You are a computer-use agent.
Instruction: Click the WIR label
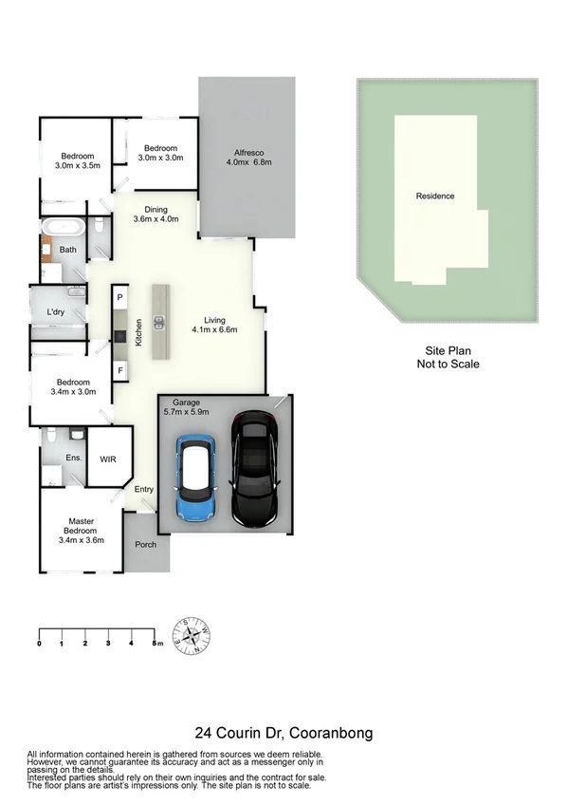(109, 458)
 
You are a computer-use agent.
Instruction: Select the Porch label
(146, 545)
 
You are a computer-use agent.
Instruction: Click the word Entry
(143, 490)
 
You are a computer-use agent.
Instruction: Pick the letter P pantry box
(120, 298)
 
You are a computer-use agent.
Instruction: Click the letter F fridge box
(120, 369)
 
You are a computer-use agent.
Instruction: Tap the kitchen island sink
(158, 320)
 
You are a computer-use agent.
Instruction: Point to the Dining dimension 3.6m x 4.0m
(156, 220)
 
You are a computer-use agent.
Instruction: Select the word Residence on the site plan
(435, 197)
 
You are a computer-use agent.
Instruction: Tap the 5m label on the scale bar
(157, 644)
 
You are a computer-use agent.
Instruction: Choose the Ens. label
(73, 458)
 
